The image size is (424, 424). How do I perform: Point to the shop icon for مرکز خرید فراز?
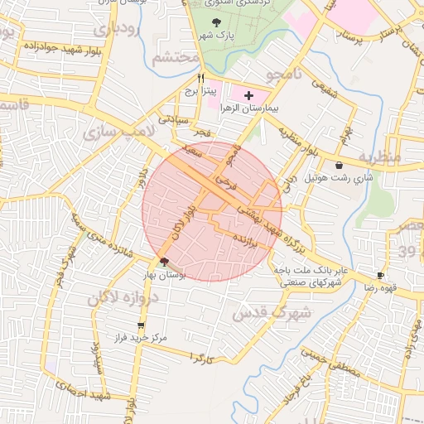141,325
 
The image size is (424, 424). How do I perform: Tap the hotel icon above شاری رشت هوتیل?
340,166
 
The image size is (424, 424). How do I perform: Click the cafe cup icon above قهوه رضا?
380,275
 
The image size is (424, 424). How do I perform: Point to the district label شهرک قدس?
272,315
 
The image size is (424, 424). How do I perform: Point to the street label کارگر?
202,358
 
